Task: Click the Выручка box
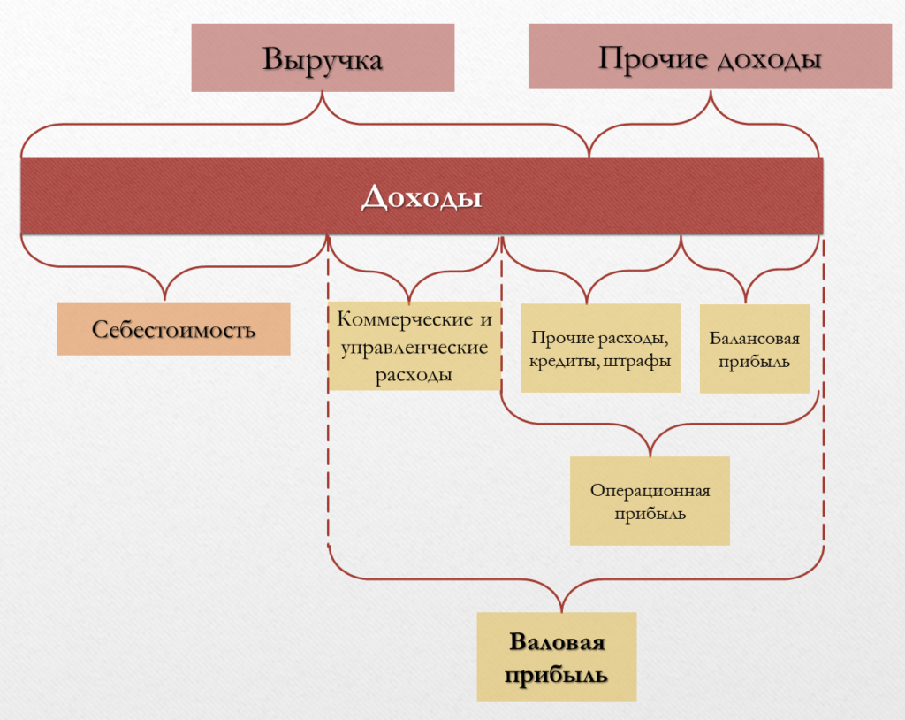(323, 58)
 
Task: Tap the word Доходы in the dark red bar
(422, 196)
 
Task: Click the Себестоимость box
(173, 329)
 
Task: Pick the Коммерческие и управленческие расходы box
(414, 346)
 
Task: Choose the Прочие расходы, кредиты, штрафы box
(600, 348)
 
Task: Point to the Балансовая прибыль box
(754, 349)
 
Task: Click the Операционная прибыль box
(650, 501)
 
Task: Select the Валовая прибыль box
(557, 657)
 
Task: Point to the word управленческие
(414, 347)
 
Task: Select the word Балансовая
(754, 339)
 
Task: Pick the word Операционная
(650, 491)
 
